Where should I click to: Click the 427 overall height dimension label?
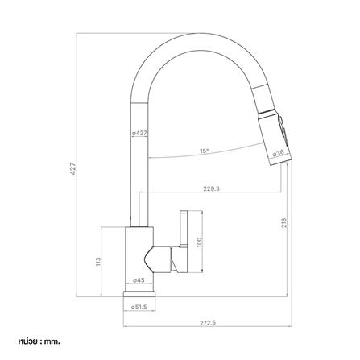pos(73,168)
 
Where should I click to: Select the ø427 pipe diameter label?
pos(139,133)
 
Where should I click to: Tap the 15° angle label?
pos(204,151)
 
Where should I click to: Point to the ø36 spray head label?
pos(278,153)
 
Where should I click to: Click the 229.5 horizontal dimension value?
pos(211,188)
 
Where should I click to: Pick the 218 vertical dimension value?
pos(284,223)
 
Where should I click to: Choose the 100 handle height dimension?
pos(199,242)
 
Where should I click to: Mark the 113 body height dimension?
pos(98,262)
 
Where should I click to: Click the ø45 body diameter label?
pos(139,280)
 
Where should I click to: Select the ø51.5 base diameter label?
pos(139,308)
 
